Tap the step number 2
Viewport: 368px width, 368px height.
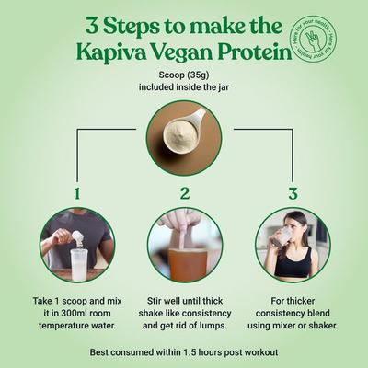[x=184, y=193]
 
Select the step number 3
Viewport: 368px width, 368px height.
[x=293, y=193]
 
